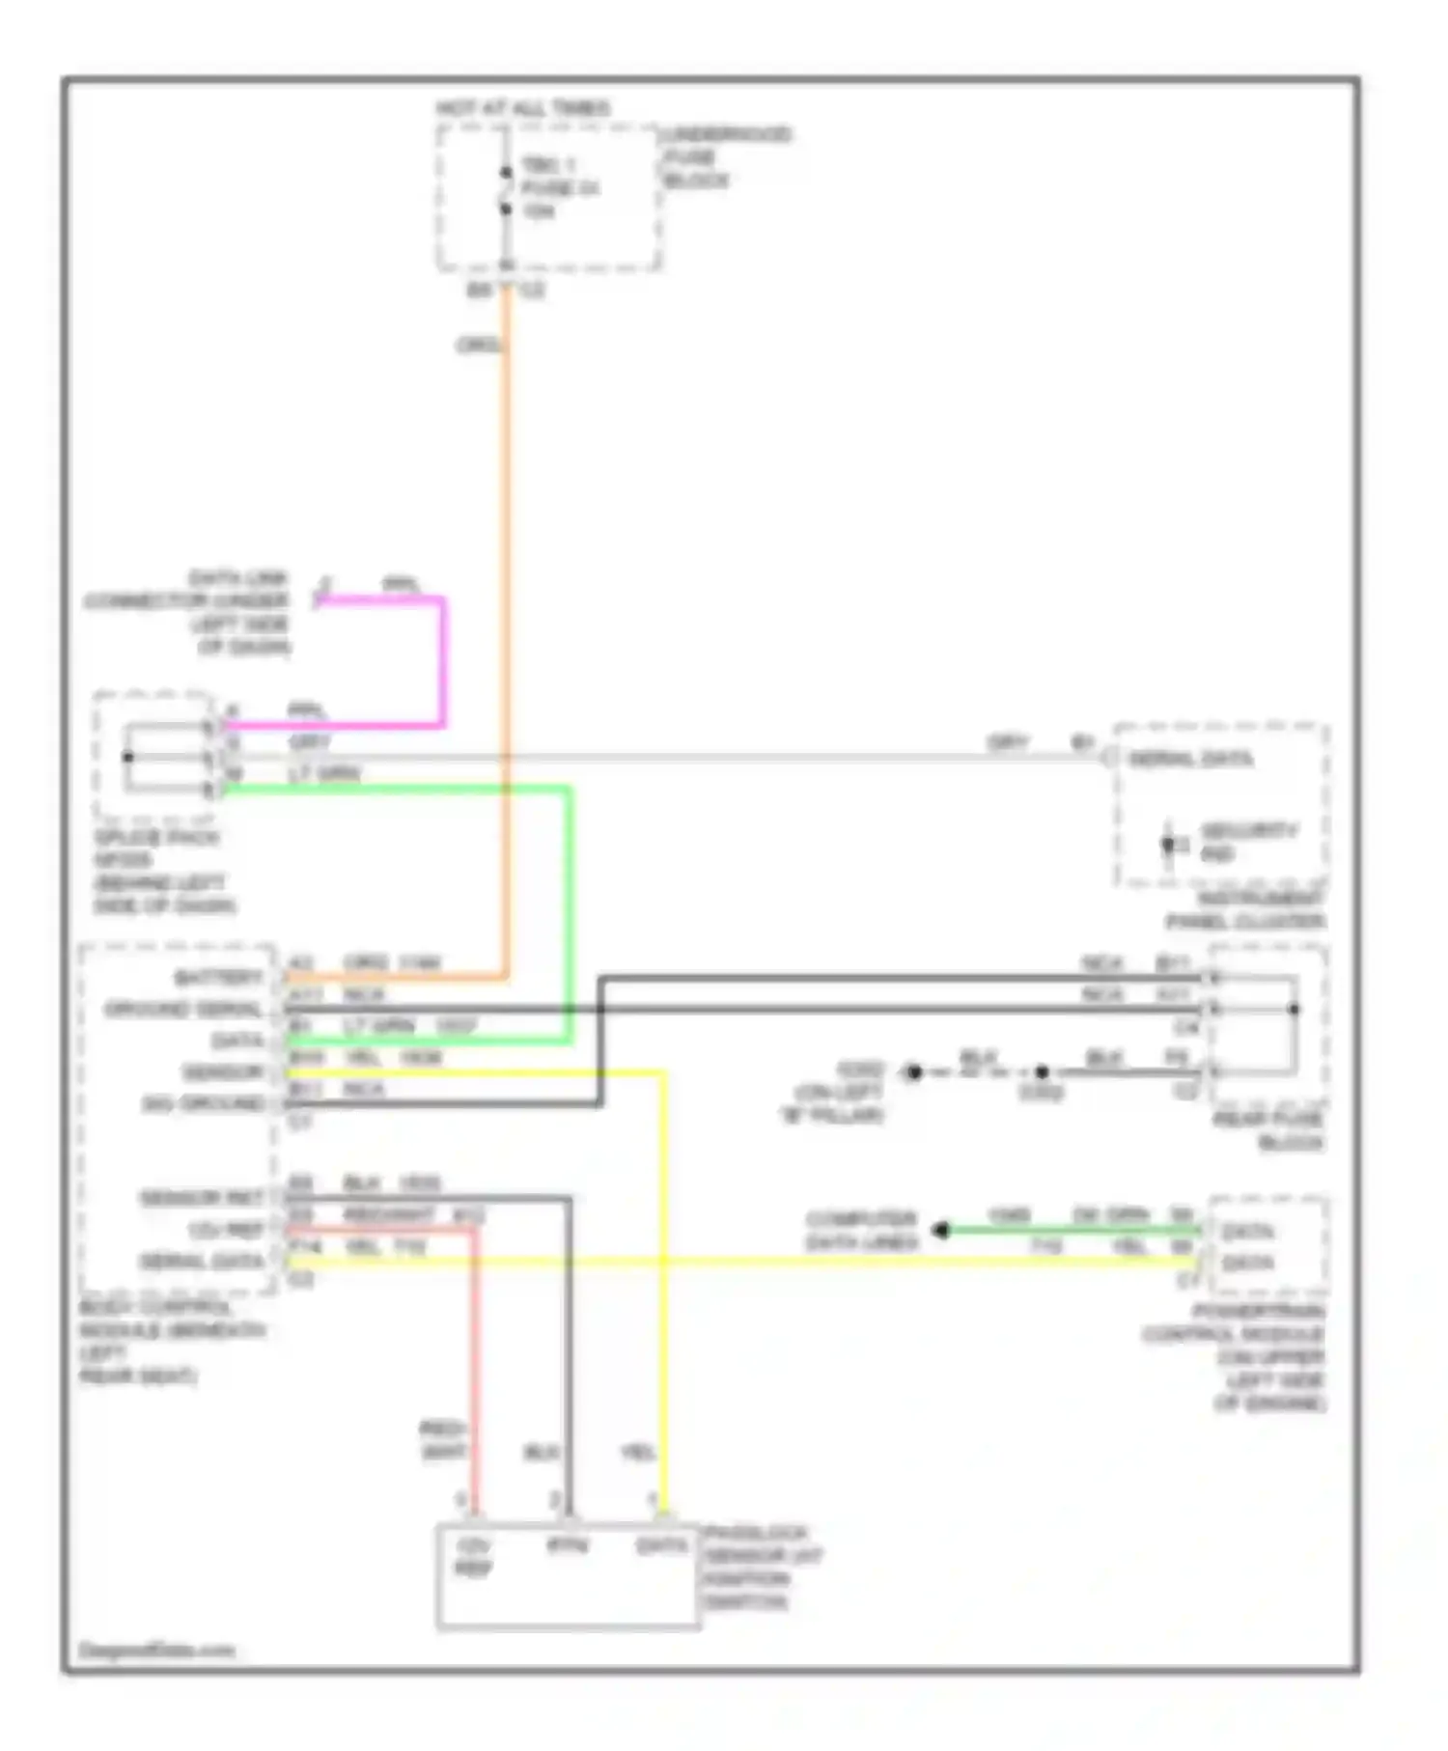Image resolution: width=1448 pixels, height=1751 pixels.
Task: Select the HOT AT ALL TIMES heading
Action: tap(523, 108)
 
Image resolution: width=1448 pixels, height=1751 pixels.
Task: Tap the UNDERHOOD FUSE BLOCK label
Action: tap(725, 157)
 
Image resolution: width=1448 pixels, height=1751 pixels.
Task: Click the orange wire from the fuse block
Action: tap(506, 579)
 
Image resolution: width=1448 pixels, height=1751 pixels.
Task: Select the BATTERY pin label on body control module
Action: tap(219, 978)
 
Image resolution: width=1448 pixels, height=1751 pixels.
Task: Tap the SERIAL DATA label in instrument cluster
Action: tap(1190, 759)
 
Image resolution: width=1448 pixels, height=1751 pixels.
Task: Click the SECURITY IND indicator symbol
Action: tap(1169, 844)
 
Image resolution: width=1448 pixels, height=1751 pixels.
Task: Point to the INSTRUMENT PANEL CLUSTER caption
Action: tap(1246, 910)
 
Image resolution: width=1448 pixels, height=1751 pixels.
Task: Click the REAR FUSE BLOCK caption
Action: tap(1268, 1130)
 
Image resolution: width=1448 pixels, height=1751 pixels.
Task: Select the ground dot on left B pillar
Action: tap(913, 1071)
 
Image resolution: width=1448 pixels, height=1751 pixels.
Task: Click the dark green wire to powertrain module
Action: tap(1072, 1230)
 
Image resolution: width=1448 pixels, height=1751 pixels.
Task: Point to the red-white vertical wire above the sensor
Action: tap(474, 1371)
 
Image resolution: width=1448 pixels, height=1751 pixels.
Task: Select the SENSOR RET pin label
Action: tap(202, 1198)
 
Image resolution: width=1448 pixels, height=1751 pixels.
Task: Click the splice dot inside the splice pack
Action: tap(127, 757)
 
